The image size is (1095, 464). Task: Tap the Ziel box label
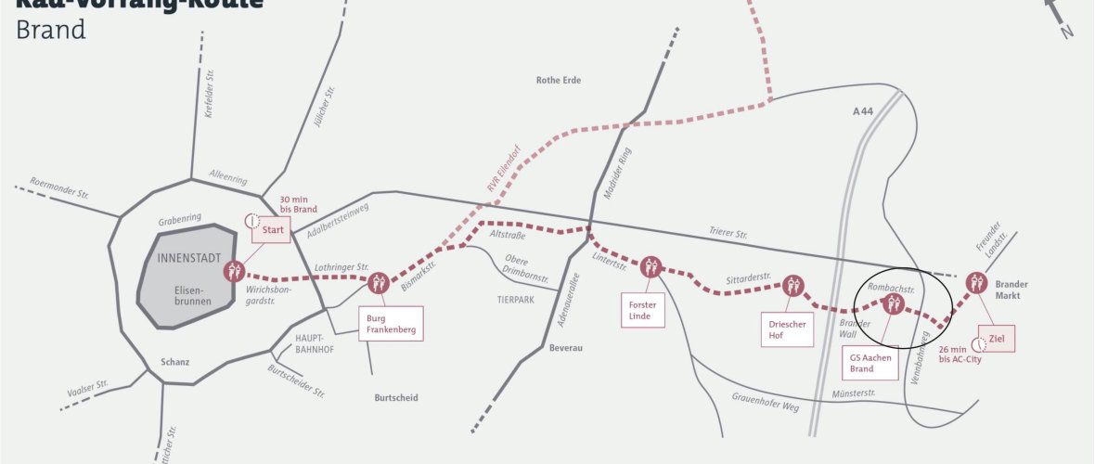[x=997, y=339]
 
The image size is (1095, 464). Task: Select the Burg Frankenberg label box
[x=391, y=323]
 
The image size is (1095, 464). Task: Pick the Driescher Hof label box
[x=787, y=329]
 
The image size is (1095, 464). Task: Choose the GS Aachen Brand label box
[x=870, y=363]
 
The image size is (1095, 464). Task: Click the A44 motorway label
[x=863, y=111]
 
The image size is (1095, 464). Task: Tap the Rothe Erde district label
[x=559, y=81]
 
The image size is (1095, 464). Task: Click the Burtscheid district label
[x=396, y=397]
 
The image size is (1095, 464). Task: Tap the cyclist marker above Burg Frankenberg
[x=378, y=283]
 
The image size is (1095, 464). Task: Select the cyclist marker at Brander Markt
[x=976, y=282]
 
